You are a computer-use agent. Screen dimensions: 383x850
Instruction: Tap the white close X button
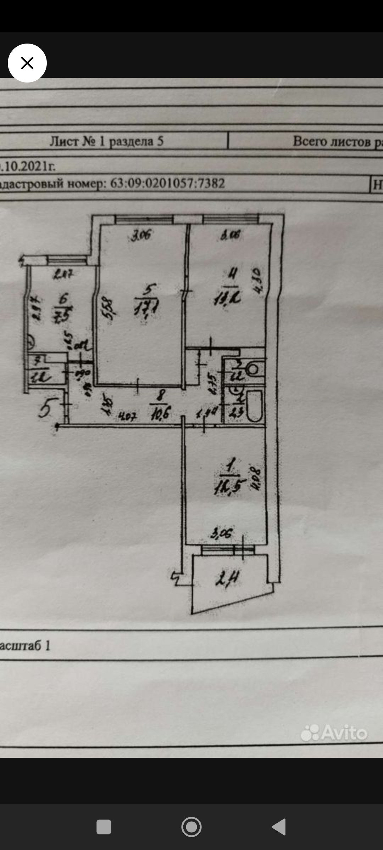[27, 63]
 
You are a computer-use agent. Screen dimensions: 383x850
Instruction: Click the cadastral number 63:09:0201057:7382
[167, 183]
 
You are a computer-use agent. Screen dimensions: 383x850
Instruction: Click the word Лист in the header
[64, 141]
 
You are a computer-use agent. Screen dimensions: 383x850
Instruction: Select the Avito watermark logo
[334, 732]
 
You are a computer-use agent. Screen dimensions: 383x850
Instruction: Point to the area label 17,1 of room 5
[146, 307]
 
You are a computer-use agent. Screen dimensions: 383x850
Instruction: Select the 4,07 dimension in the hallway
[127, 416]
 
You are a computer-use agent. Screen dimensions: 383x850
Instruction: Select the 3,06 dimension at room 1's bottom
[221, 533]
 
